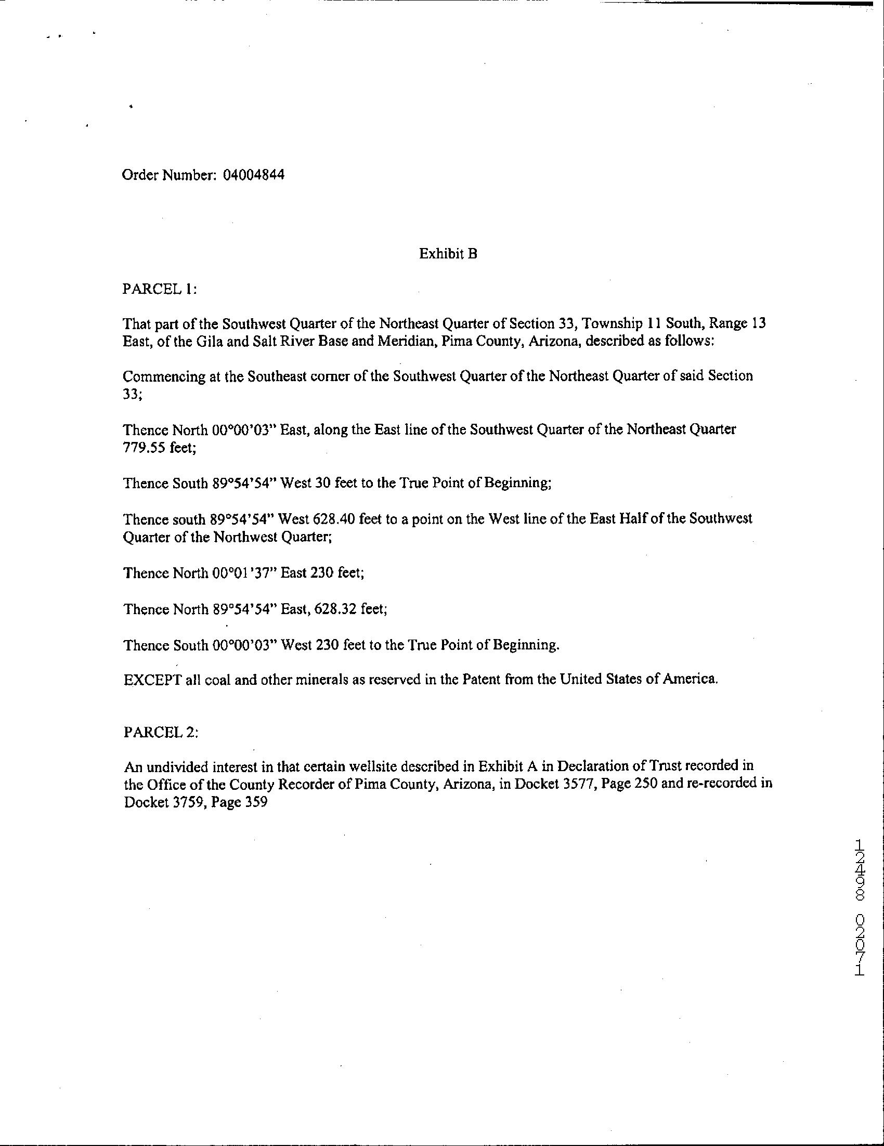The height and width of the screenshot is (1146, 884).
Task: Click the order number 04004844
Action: (x=253, y=175)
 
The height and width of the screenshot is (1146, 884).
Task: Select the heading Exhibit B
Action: (x=448, y=254)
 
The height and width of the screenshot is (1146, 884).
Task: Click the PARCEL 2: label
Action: (x=161, y=733)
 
